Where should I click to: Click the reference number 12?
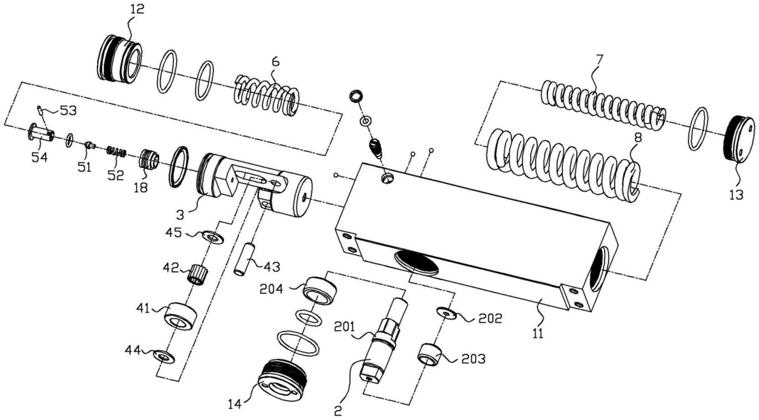(137, 9)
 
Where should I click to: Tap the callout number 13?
(737, 195)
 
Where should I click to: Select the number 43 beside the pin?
(272, 267)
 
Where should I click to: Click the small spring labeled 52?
(117, 153)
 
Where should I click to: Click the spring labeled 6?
(267, 94)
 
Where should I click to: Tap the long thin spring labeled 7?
(603, 105)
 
